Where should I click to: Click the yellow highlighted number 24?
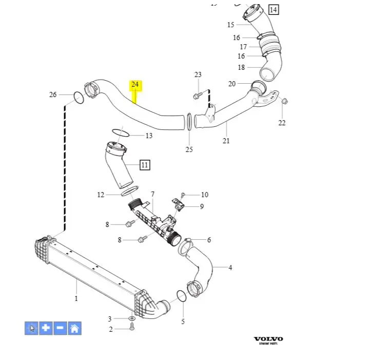point(135,84)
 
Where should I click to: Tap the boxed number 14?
point(273,9)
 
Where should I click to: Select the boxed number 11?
point(145,165)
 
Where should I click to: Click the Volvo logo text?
point(268,339)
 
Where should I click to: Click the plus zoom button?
point(46,328)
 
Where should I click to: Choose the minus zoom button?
point(60,328)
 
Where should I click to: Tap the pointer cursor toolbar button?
point(31,328)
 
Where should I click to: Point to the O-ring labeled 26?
point(78,97)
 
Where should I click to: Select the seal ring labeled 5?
point(181,296)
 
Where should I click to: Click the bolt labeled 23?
point(197,96)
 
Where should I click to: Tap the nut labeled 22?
point(285,101)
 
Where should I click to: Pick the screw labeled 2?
point(131,327)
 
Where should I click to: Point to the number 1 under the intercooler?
point(76,298)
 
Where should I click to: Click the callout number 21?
point(226,140)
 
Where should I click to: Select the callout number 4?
point(230,267)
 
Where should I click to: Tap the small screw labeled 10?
point(183,195)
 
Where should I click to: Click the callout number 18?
point(241,67)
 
